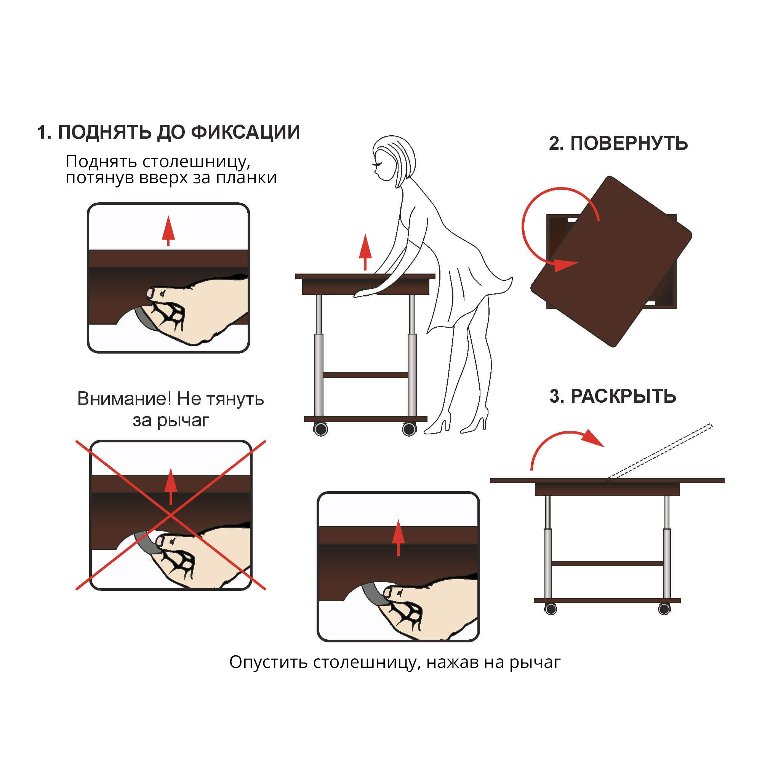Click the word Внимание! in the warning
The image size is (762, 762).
tap(124, 399)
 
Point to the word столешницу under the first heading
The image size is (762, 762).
tap(196, 162)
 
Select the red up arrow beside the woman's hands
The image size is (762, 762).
tap(365, 253)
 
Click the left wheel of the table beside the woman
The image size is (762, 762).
tap(321, 429)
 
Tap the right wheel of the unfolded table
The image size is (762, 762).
tap(664, 609)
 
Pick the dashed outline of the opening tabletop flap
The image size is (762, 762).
tap(660, 451)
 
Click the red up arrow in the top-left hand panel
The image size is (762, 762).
tap(168, 231)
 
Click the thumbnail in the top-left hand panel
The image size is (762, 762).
tap(150, 293)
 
